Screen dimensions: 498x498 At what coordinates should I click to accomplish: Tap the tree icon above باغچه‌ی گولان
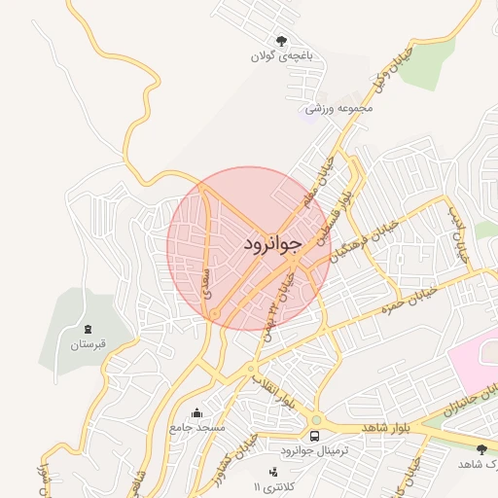click(x=281, y=41)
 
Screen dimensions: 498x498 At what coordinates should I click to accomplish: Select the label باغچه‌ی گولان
click(x=282, y=57)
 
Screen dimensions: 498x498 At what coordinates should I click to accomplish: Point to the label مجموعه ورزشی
click(x=339, y=108)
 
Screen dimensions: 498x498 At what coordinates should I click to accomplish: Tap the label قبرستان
click(x=89, y=344)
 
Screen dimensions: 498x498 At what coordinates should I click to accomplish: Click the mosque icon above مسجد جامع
click(x=197, y=412)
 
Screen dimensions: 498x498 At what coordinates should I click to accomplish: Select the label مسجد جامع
click(x=197, y=427)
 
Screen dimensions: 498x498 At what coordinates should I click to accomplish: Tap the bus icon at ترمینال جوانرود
click(x=315, y=436)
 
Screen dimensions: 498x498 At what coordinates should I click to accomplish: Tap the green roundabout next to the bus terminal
click(x=316, y=420)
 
